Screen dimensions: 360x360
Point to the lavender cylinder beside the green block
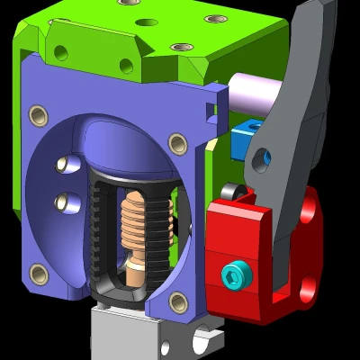point(250,93)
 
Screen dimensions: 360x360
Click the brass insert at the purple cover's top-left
point(38,114)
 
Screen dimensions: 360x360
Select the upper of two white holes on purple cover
point(63,165)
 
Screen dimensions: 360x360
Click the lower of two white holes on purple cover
point(63,202)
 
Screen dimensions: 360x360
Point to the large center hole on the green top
point(146,22)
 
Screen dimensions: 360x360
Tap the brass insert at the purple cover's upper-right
point(178,141)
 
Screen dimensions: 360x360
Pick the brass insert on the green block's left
point(60,52)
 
